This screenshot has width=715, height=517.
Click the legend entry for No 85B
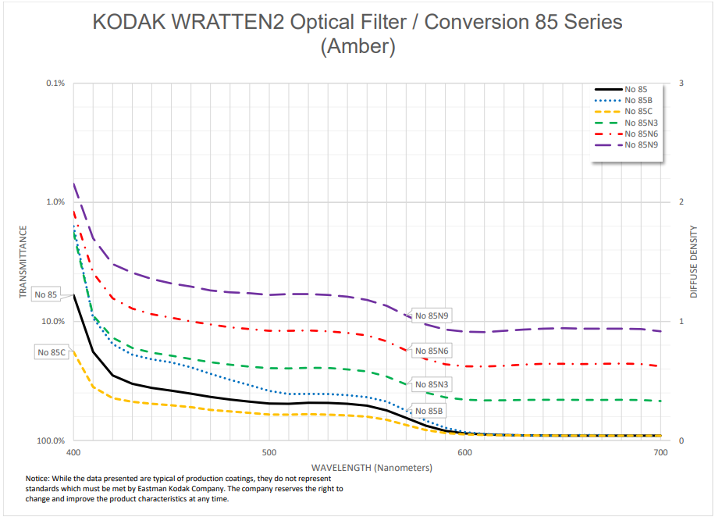[639, 100]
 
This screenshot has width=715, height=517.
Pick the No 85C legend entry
[639, 112]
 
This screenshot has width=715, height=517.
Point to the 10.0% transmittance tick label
[52, 322]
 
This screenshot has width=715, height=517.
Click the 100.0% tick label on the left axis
[51, 441]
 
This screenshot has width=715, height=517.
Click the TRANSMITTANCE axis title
[23, 262]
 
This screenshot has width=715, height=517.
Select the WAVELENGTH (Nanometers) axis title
[366, 468]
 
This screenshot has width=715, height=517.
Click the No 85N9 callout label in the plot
[433, 316]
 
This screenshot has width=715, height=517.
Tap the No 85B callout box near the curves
[429, 411]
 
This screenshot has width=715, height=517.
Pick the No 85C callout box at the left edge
[52, 352]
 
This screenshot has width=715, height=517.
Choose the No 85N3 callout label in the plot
[432, 385]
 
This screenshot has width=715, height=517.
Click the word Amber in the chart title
[357, 48]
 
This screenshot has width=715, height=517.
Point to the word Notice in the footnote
[41, 478]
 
